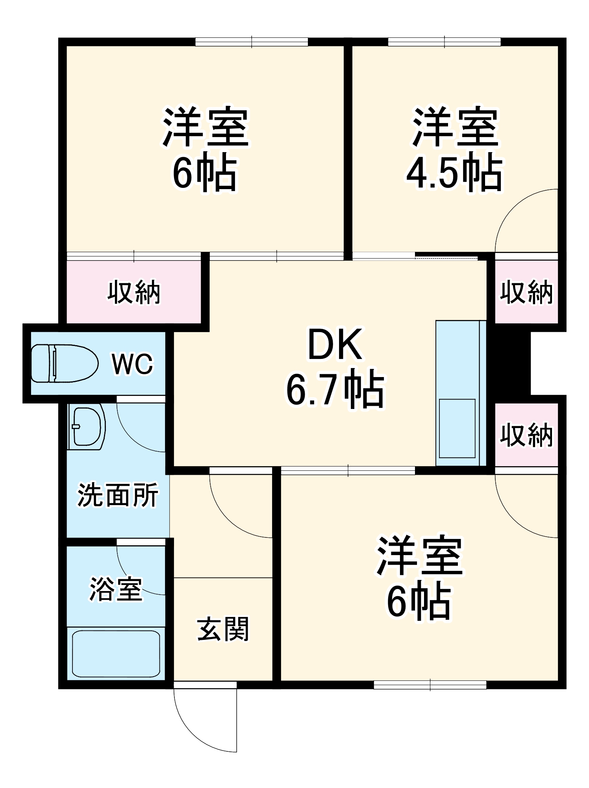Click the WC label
(x=132, y=364)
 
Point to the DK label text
(x=335, y=345)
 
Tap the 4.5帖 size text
(x=454, y=173)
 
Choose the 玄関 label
(x=223, y=629)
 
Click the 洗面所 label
(x=118, y=495)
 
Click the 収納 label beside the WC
(x=134, y=292)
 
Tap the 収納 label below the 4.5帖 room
(x=526, y=292)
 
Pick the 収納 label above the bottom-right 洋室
(x=526, y=435)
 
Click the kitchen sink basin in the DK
(x=457, y=429)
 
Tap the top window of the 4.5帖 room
(x=444, y=41)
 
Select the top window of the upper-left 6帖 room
(x=252, y=41)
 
